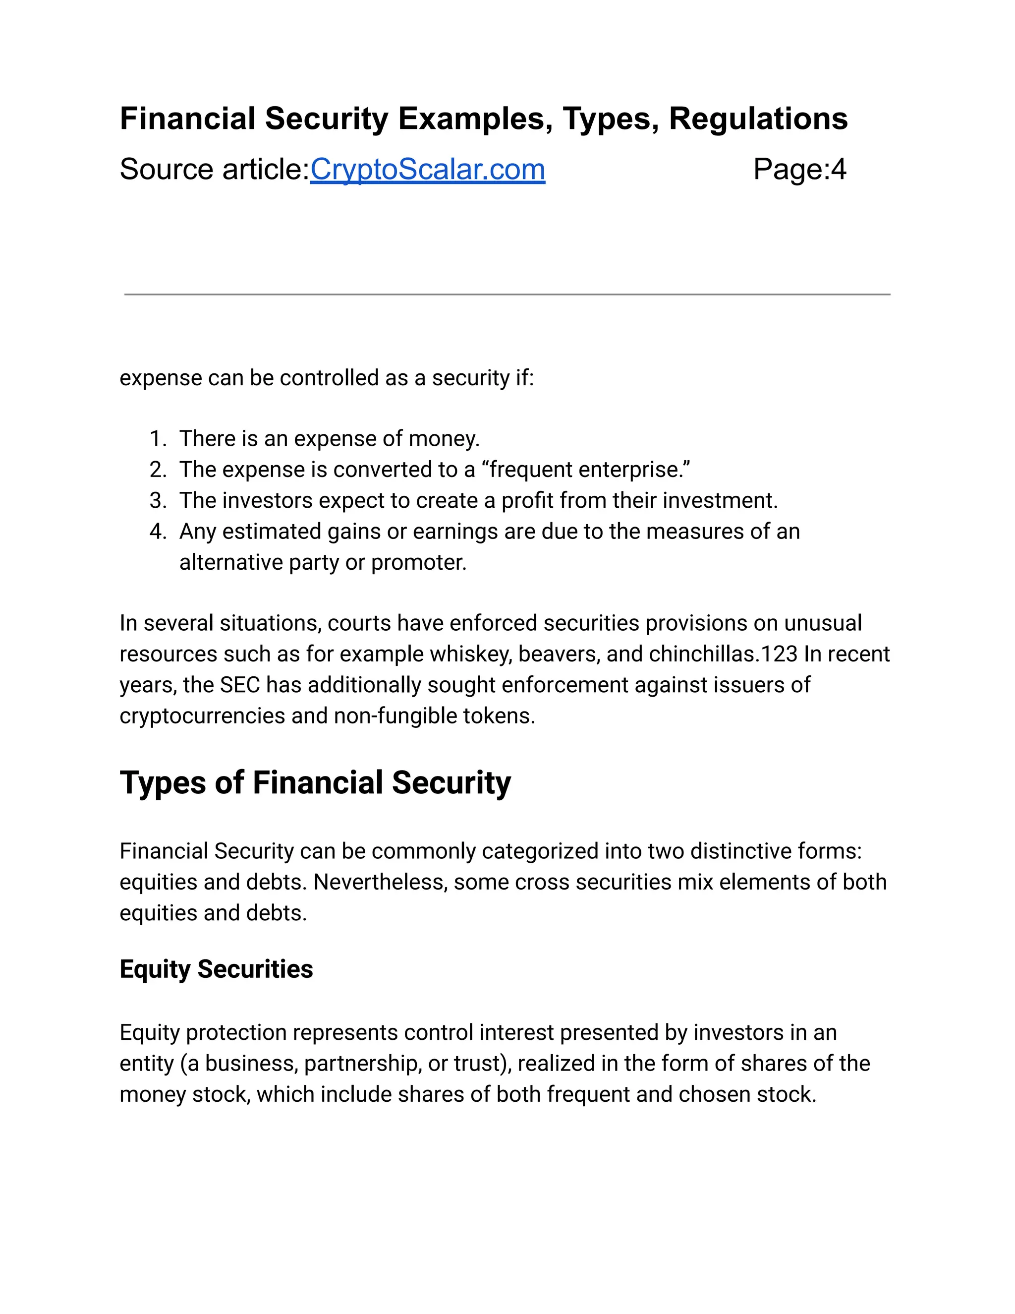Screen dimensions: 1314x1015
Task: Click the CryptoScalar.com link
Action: pyautogui.click(x=428, y=169)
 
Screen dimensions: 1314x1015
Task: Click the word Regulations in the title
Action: pyautogui.click(x=758, y=119)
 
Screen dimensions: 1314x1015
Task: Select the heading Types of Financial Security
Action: pyautogui.click(x=315, y=783)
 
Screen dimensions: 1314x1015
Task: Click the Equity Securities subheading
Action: pyautogui.click(x=216, y=969)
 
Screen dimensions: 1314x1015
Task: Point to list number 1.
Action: pyautogui.click(x=158, y=439)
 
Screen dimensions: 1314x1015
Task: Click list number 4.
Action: pyautogui.click(x=158, y=532)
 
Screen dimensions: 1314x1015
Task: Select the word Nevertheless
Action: pyautogui.click(x=380, y=882)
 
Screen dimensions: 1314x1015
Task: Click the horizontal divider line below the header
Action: pyautogui.click(x=507, y=294)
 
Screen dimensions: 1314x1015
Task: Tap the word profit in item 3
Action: pyautogui.click(x=527, y=501)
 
